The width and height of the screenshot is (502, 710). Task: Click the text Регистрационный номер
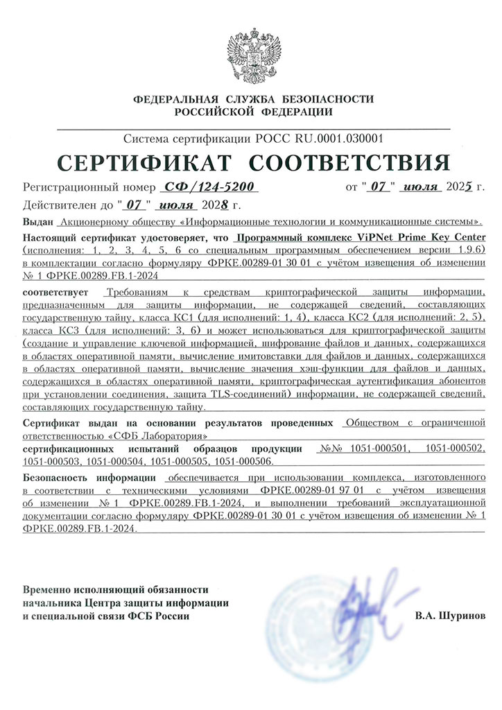[x=86, y=188]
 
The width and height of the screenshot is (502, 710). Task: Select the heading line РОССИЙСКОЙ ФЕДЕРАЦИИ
[x=254, y=112]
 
